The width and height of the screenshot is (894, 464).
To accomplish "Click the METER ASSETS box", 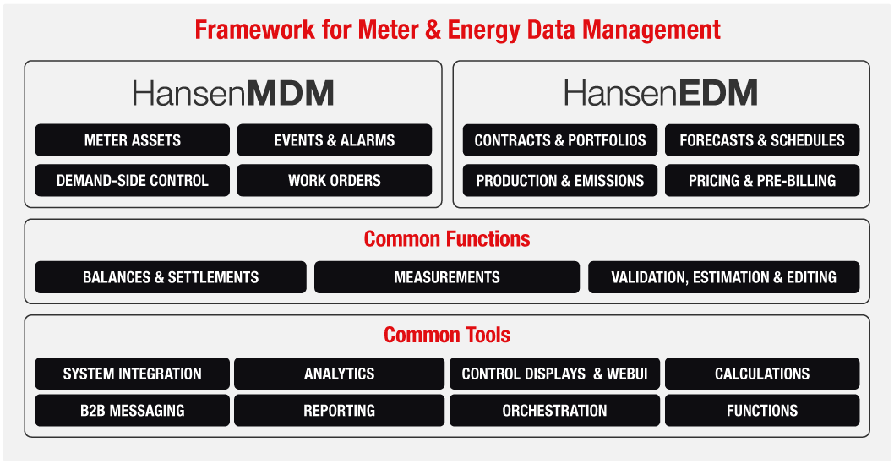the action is tap(133, 140).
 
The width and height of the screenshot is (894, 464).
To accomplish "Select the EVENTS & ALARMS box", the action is tap(335, 140).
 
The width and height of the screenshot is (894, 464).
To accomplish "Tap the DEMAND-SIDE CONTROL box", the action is tap(133, 181).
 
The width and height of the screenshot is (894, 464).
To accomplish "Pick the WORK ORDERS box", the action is tap(335, 181).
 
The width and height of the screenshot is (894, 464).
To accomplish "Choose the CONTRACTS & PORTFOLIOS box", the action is tap(560, 140).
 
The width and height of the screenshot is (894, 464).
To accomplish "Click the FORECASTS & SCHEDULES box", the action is tap(762, 140).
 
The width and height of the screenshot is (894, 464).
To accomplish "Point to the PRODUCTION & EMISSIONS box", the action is tap(560, 181).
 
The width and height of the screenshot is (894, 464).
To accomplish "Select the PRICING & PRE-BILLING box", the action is tap(762, 181).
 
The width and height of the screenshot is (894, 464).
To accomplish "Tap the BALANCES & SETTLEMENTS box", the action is tap(171, 277).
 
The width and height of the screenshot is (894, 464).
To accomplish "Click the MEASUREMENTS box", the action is tap(447, 277).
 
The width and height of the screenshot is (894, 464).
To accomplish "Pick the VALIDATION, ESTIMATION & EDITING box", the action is tap(724, 277).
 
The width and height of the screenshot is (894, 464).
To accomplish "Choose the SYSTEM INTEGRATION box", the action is tap(133, 374).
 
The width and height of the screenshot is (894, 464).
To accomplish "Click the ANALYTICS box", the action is tap(339, 374).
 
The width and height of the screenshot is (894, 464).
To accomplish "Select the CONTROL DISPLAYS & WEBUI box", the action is tap(555, 374).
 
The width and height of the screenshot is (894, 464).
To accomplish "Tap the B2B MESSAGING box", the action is tap(133, 411).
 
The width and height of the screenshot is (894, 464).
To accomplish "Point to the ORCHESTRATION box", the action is tap(555, 411).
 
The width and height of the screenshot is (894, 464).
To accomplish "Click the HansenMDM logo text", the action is tap(233, 94).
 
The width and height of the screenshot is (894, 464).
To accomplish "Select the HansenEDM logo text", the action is tap(661, 94).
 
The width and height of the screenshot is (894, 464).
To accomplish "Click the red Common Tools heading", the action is tap(447, 335).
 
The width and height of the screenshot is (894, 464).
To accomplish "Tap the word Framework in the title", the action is tap(254, 30).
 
